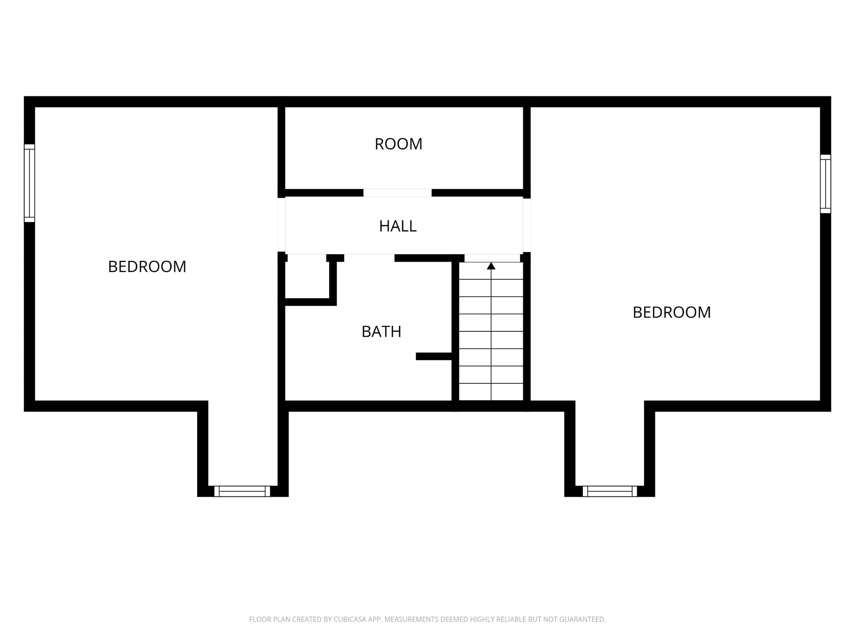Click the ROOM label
(x=398, y=144)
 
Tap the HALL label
(x=397, y=226)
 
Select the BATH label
(x=381, y=332)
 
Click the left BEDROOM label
(x=147, y=267)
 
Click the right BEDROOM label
(x=671, y=313)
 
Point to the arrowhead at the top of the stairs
(x=491, y=266)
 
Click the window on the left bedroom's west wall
(x=29, y=183)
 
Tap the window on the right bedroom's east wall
(x=825, y=184)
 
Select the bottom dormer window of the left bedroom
(x=242, y=491)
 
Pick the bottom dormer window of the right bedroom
(x=610, y=491)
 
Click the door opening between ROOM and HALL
(x=397, y=193)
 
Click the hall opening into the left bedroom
(x=281, y=225)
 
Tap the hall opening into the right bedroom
(x=527, y=225)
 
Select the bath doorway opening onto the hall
(x=369, y=258)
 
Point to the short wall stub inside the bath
(x=434, y=356)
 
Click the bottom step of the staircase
(x=491, y=392)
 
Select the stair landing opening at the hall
(x=492, y=258)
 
